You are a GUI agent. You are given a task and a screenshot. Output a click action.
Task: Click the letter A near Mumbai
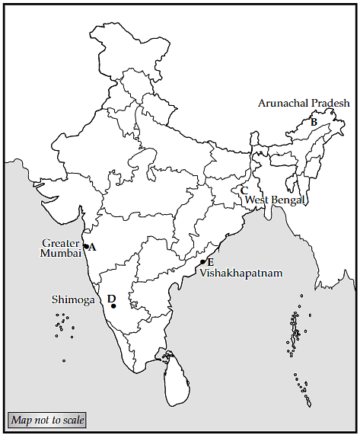[x=93, y=247]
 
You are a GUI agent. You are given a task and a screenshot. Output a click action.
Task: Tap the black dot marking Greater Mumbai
[x=85, y=247]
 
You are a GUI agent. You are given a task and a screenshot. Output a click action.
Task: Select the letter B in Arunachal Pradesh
[x=314, y=121]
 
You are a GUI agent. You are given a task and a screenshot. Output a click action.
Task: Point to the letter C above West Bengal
[x=244, y=190]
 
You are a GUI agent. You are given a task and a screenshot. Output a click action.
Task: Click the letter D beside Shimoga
[x=111, y=299]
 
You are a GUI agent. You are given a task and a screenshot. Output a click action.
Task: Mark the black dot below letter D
[x=113, y=307]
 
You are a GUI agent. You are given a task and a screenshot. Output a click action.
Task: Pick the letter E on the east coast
[x=210, y=261]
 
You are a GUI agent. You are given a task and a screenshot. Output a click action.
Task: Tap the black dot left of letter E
[x=202, y=262]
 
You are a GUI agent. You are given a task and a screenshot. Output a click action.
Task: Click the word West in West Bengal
[x=256, y=200]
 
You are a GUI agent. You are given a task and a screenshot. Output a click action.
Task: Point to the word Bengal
[x=288, y=200]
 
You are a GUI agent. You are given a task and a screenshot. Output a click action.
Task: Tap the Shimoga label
[x=73, y=300]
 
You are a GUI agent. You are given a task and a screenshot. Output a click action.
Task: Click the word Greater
[x=61, y=244]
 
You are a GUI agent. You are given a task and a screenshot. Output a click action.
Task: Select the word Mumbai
[x=61, y=254]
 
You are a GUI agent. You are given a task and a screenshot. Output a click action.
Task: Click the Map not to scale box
[x=47, y=420]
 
